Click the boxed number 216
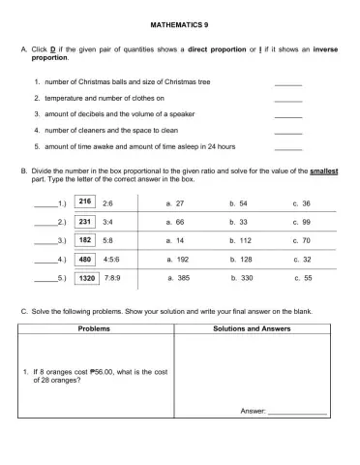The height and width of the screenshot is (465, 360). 85,203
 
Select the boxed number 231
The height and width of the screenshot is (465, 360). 85,221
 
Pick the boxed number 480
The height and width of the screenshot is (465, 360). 85,260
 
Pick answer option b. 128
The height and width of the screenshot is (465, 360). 240,260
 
